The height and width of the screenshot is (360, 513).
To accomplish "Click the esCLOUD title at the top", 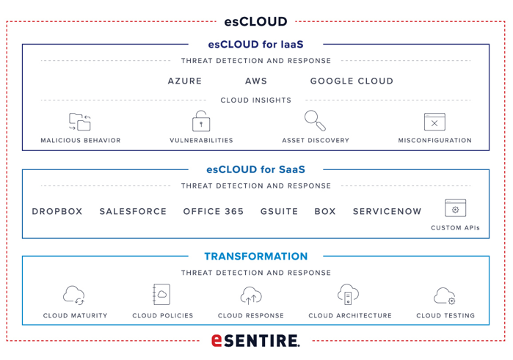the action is coord(255,21).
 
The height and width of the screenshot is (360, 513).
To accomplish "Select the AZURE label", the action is coord(185,81).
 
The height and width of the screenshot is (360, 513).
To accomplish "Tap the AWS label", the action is coord(256,81).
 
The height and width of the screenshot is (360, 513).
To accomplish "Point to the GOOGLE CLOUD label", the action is coord(352,81).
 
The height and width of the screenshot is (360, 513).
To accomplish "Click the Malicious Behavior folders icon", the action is coord(80,122).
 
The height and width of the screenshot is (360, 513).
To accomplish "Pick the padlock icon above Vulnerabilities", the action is coord(201,121).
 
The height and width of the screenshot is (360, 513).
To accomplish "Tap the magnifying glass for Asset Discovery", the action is coord(315,121).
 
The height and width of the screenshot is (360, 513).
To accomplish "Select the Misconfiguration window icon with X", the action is coord(434,122).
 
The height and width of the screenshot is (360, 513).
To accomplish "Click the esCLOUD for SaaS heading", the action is coord(255,169).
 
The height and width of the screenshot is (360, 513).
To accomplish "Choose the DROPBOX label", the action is coord(57,212).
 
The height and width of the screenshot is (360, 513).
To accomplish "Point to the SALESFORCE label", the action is coord(133,212).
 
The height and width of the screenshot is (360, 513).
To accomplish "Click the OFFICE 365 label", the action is coord(214,212).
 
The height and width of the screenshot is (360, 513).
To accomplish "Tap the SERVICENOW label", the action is coord(387,212).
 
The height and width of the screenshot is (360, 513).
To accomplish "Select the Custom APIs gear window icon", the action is coord(456,208).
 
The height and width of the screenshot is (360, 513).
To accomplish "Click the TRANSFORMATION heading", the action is coord(256,257).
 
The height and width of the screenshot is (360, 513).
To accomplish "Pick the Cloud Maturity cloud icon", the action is coord(74,295).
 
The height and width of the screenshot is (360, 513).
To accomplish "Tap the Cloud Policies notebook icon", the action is coord(161,294).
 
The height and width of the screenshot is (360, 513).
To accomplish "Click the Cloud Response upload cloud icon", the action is coord(251,295).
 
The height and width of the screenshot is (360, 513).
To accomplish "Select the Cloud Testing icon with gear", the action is coord(445,296).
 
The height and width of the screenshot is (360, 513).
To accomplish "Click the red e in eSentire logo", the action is coord(217,340).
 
